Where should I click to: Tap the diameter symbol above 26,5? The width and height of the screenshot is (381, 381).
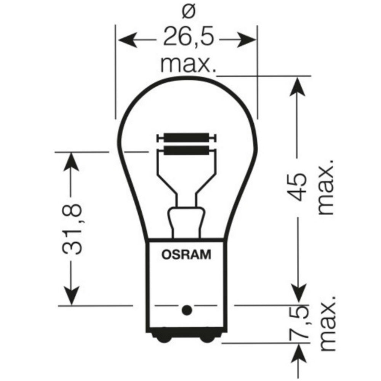187,13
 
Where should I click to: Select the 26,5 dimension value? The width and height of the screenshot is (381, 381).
187,38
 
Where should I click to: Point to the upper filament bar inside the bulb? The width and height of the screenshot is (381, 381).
186,137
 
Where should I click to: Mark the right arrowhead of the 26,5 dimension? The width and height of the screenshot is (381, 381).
247,39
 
